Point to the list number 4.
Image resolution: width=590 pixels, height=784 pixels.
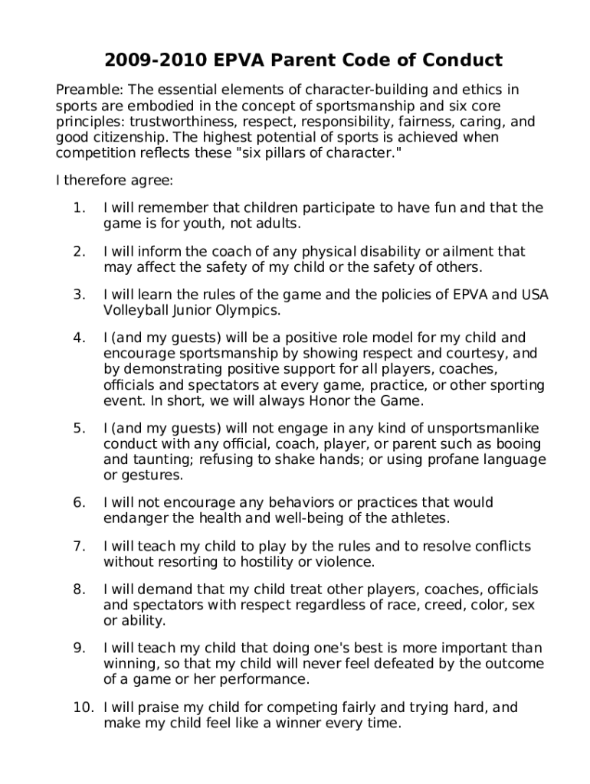[x=79, y=338]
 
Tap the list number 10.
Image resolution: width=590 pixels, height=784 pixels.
[x=82, y=708]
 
